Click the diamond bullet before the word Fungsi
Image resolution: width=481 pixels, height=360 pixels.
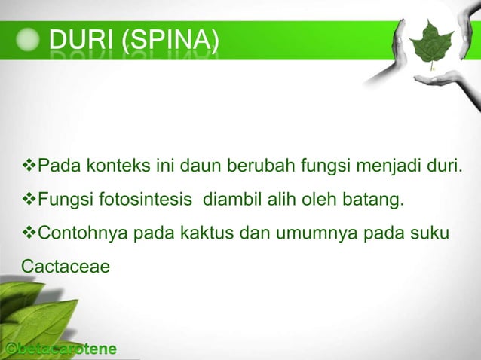[29, 200]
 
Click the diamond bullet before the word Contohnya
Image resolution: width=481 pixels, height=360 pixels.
[29, 233]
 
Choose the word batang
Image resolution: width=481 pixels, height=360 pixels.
[377, 200]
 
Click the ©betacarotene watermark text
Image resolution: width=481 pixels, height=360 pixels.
[60, 349]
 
